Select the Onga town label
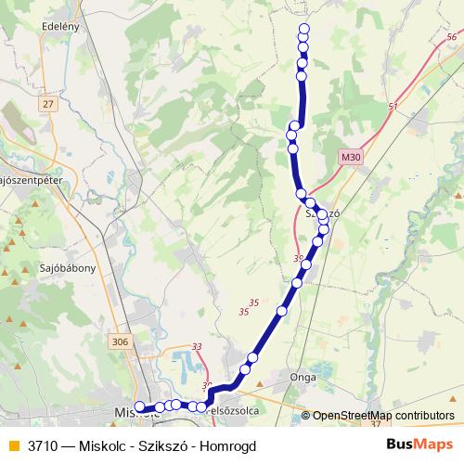[x=303, y=378]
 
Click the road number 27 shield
[x=48, y=104]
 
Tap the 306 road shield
[x=119, y=341]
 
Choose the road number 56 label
[x=451, y=36]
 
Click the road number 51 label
[x=393, y=108]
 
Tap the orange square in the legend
[x=14, y=445]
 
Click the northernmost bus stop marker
[x=303, y=29]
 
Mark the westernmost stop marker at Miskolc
[x=140, y=406]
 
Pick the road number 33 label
[x=197, y=346]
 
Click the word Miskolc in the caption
[x=101, y=445]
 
